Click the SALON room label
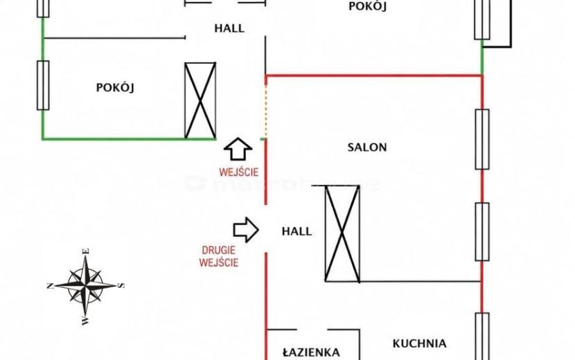(367, 147)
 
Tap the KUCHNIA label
(420, 343)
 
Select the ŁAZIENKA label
(311, 352)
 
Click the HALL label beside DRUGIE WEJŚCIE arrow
(297, 231)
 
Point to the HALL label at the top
(229, 28)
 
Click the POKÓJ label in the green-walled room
(115, 87)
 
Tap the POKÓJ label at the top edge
(367, 6)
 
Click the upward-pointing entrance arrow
(238, 149)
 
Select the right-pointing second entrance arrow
(246, 230)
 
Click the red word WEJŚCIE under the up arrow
(239, 172)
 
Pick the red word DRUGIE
(218, 251)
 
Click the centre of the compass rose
(85, 285)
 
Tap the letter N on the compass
(51, 286)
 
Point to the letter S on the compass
(122, 285)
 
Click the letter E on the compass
(86, 251)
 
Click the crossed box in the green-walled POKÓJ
(200, 100)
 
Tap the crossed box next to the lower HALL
(342, 233)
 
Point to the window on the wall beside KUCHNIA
(482, 336)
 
